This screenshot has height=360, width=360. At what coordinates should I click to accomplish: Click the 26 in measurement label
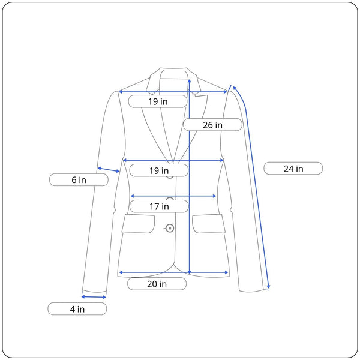212,125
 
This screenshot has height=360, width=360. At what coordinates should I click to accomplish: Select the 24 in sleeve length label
293,169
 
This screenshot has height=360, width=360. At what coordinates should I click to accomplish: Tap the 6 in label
79,180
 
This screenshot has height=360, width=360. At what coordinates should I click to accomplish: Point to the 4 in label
77,309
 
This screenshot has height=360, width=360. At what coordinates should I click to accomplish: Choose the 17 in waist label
159,206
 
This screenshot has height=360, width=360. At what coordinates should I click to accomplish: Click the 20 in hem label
157,284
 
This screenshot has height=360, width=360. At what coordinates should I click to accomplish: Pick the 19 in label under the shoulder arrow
158,101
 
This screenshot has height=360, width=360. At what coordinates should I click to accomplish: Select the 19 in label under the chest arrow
159,170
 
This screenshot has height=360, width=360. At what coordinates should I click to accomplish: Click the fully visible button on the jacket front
170,228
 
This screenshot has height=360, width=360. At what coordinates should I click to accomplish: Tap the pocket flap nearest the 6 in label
138,224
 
